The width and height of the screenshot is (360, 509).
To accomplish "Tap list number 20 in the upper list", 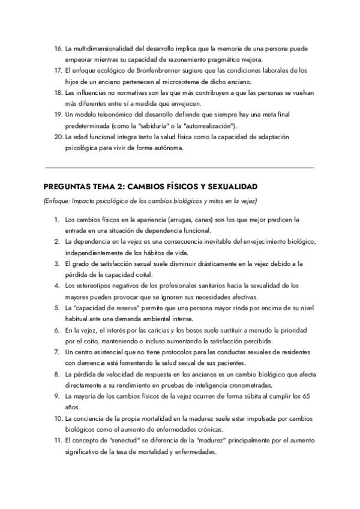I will pos(58,137).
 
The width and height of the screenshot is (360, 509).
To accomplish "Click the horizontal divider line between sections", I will pos(179,167).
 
